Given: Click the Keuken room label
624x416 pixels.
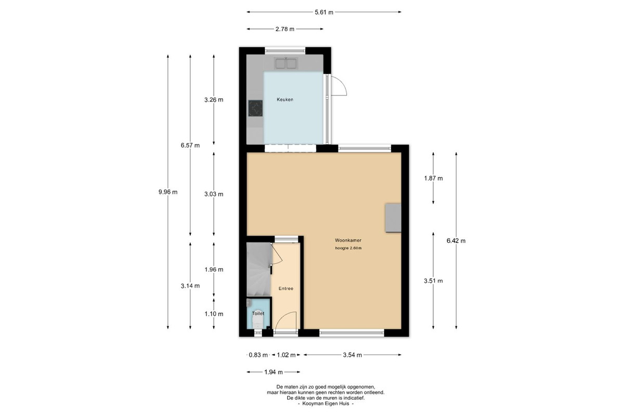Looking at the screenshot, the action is pyautogui.click(x=285, y=99).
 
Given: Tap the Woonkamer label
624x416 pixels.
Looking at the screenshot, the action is pyautogui.click(x=348, y=240).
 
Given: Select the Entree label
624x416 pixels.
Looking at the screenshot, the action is pyautogui.click(x=286, y=289).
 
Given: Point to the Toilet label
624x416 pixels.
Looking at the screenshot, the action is pyautogui.click(x=258, y=314).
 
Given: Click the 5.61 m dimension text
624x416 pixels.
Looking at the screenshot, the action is pyautogui.click(x=324, y=12).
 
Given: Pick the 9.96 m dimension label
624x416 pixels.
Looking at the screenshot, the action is pyautogui.click(x=168, y=192).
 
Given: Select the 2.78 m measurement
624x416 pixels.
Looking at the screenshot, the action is pyautogui.click(x=285, y=29).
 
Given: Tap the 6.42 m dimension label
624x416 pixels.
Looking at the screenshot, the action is pyautogui.click(x=456, y=241).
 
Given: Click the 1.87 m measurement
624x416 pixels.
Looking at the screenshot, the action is pyautogui.click(x=434, y=178).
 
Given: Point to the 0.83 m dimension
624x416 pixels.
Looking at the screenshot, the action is pyautogui.click(x=258, y=355).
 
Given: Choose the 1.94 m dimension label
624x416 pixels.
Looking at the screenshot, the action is pyautogui.click(x=274, y=372).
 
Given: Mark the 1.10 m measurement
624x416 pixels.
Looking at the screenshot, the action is pyautogui.click(x=214, y=314).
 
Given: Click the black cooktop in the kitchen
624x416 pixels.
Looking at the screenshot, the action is pyautogui.click(x=255, y=108).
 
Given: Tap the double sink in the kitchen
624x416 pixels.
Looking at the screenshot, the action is pyautogui.click(x=286, y=63).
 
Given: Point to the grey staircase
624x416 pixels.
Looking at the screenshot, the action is pyautogui.click(x=259, y=269).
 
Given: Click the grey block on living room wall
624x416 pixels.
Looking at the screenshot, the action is pyautogui.click(x=393, y=218).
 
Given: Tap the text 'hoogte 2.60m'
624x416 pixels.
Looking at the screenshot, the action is pyautogui.click(x=348, y=248).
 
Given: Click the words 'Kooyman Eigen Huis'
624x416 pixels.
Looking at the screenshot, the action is pyautogui.click(x=326, y=404).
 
